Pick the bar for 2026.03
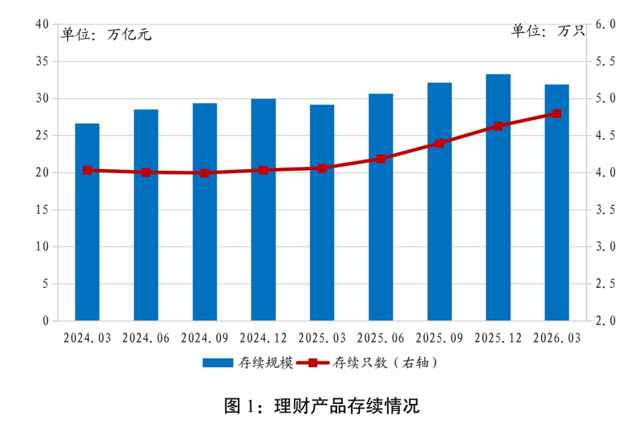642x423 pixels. (x=557, y=202)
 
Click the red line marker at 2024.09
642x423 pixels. (x=204, y=173)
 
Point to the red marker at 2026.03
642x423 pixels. (x=557, y=113)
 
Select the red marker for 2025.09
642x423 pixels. (x=439, y=143)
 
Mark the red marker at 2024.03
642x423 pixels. (x=87, y=170)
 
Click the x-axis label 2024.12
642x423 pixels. (x=263, y=338)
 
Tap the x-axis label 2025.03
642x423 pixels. (x=322, y=338)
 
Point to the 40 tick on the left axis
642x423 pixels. (x=42, y=24)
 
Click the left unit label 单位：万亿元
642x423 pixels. (x=106, y=35)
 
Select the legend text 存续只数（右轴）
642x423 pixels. (x=386, y=363)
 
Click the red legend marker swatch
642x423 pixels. (x=313, y=363)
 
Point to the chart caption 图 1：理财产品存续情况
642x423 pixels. (x=322, y=406)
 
